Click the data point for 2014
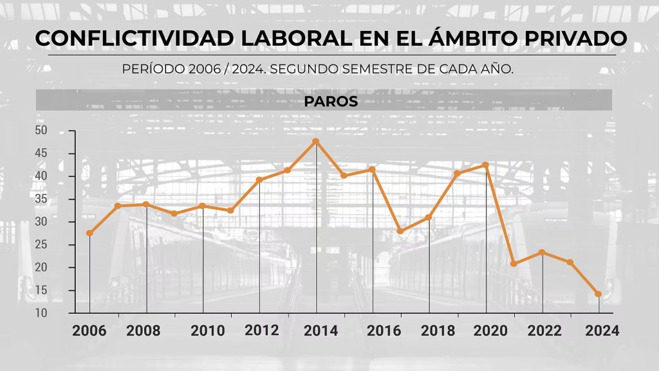click(316, 141)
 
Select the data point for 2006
click(89, 233)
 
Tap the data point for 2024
click(599, 294)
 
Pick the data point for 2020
click(486, 165)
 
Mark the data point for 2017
click(400, 231)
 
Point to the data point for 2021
click(514, 264)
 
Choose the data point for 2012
click(259, 180)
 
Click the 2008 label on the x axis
click(144, 331)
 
